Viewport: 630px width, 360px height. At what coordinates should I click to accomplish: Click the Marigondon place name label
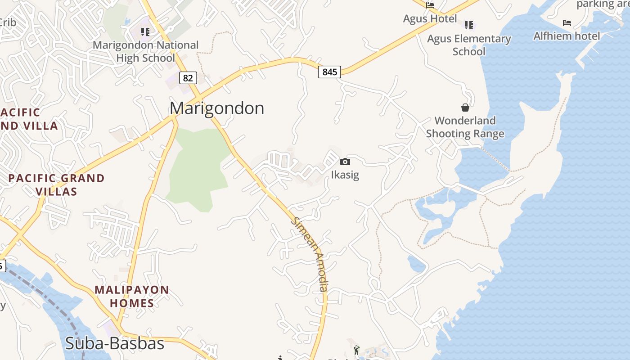pyautogui.click(x=216, y=108)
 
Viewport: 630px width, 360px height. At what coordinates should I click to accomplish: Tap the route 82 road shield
pyautogui.click(x=188, y=78)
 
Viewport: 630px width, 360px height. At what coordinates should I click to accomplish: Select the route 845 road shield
pyautogui.click(x=329, y=72)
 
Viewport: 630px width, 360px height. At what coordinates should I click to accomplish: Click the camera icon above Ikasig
pyautogui.click(x=345, y=162)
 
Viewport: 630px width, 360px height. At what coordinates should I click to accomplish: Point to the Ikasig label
pyautogui.click(x=345, y=175)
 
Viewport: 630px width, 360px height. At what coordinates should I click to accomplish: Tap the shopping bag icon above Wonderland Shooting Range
pyautogui.click(x=465, y=108)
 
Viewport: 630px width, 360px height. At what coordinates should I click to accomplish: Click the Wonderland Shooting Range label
pyautogui.click(x=465, y=127)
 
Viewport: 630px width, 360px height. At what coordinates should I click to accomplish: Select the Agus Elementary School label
pyautogui.click(x=469, y=45)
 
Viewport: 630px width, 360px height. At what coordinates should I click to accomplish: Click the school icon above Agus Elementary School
pyautogui.click(x=469, y=25)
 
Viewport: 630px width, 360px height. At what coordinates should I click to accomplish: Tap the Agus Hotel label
pyautogui.click(x=430, y=19)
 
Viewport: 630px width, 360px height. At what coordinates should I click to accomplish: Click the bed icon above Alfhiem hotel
pyautogui.click(x=567, y=23)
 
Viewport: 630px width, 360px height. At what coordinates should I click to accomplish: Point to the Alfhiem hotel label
pyautogui.click(x=567, y=36)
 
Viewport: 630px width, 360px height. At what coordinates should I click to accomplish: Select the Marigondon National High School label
pyautogui.click(x=145, y=51)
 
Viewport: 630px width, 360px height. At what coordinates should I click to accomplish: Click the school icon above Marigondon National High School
pyautogui.click(x=145, y=31)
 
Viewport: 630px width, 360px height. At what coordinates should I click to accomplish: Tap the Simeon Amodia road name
pyautogui.click(x=311, y=254)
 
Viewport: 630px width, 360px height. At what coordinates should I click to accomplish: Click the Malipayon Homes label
pyautogui.click(x=132, y=296)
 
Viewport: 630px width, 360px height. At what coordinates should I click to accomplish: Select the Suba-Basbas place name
pyautogui.click(x=114, y=343)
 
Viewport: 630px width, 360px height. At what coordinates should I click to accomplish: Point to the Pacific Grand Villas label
pyautogui.click(x=56, y=184)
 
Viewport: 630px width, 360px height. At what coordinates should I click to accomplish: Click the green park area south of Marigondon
pyautogui.click(x=198, y=171)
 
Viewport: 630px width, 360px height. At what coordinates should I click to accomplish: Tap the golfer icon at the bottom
pyautogui.click(x=356, y=349)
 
